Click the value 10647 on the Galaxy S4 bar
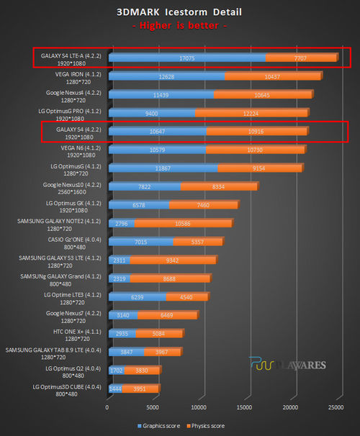pyautogui.click(x=157, y=131)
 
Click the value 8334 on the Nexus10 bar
pyautogui.click(x=217, y=186)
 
